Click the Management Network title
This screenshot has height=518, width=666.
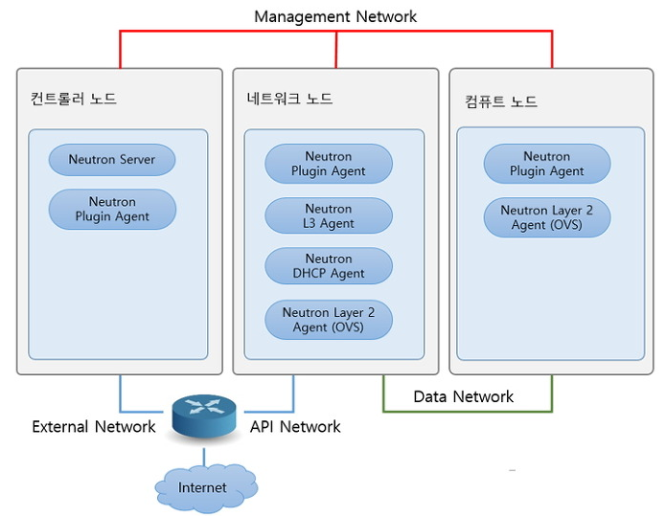click(x=335, y=16)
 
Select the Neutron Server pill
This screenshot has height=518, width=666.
click(x=112, y=160)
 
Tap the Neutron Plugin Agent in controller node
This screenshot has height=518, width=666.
click(x=112, y=209)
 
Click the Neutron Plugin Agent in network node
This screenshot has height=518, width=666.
click(x=329, y=164)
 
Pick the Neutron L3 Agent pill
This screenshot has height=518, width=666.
click(x=329, y=215)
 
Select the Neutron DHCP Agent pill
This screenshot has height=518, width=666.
click(x=329, y=265)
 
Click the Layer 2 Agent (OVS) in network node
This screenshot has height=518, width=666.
click(x=329, y=319)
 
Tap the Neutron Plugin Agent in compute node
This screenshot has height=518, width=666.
click(x=547, y=164)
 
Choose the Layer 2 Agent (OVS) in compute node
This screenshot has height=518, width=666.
click(x=547, y=217)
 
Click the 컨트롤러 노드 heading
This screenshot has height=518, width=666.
click(x=74, y=99)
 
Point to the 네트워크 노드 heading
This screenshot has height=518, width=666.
click(x=289, y=99)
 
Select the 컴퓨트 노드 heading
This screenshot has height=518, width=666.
click(x=501, y=101)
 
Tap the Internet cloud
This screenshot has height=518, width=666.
click(x=203, y=487)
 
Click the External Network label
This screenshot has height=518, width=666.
click(x=94, y=426)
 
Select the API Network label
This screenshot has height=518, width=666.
click(x=295, y=426)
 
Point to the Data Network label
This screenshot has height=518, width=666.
click(x=464, y=396)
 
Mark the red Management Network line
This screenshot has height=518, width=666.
click(x=335, y=32)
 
